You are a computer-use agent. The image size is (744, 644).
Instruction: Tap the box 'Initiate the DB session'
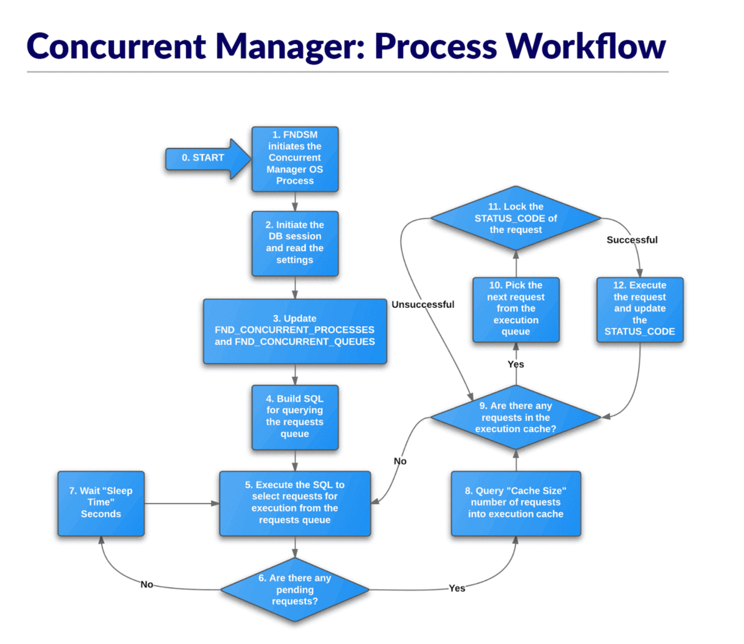[295, 242]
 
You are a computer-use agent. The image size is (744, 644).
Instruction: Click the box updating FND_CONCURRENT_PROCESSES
[295, 330]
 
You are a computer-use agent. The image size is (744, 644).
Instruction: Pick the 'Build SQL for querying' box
[295, 416]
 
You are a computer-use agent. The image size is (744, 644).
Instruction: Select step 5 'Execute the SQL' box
[295, 503]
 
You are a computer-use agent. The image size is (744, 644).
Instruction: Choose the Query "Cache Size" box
[516, 503]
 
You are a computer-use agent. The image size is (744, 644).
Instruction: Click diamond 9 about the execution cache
[516, 417]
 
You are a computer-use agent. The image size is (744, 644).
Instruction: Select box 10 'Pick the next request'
[516, 309]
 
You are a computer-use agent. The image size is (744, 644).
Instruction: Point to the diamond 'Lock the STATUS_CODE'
[516, 219]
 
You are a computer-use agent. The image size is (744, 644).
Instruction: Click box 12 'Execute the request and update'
[639, 309]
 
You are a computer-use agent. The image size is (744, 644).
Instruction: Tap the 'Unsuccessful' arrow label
[422, 305]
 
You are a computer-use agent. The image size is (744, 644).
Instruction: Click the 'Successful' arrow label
[631, 240]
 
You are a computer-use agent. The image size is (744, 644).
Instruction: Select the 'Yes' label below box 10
[516, 364]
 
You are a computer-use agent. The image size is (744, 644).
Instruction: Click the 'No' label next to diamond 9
[400, 460]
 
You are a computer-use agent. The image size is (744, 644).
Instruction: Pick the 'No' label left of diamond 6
[146, 584]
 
